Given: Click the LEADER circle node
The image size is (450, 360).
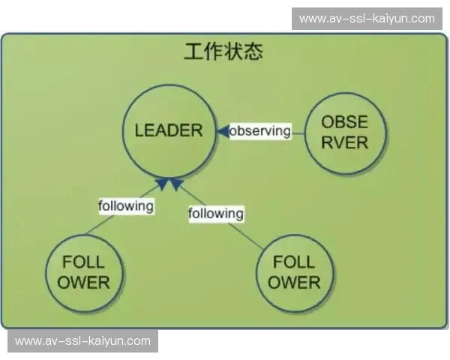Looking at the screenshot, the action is pyautogui.click(x=169, y=131).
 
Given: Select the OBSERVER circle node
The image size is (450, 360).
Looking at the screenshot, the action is pyautogui.click(x=345, y=133).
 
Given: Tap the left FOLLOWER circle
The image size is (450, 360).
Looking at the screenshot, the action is pyautogui.click(x=84, y=273).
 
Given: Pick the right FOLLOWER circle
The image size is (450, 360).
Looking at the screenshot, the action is pyautogui.click(x=295, y=273).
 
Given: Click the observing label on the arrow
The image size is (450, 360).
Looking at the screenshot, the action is pyautogui.click(x=260, y=131).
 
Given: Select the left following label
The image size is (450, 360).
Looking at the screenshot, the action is pyautogui.click(x=126, y=206).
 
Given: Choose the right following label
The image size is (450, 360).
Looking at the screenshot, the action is pyautogui.click(x=216, y=214).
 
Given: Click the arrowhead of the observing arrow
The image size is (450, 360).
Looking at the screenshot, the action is pyautogui.click(x=223, y=131).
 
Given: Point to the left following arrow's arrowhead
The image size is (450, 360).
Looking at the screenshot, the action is pyautogui.click(x=161, y=184).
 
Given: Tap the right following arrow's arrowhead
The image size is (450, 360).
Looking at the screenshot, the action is pyautogui.click(x=176, y=184).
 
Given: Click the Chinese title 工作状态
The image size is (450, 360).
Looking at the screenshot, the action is pyautogui.click(x=223, y=52).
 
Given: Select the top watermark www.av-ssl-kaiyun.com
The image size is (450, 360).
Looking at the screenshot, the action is pyautogui.click(x=367, y=19).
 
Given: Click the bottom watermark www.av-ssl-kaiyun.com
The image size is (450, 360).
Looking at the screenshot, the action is pyautogui.click(x=83, y=341).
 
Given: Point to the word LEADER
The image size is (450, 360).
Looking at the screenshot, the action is pyautogui.click(x=169, y=130).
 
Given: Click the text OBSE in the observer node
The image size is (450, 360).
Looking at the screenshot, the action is pyautogui.click(x=345, y=121).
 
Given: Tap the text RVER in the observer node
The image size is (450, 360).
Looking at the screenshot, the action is pyautogui.click(x=345, y=142).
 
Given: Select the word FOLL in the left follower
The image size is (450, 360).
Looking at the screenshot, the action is pyautogui.click(x=83, y=262).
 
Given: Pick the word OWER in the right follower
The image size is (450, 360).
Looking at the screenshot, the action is pyautogui.click(x=294, y=282).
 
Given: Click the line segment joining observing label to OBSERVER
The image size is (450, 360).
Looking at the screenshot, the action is pyautogui.click(x=298, y=133).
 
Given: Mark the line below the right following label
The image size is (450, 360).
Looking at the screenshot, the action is pyautogui.click(x=246, y=235).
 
